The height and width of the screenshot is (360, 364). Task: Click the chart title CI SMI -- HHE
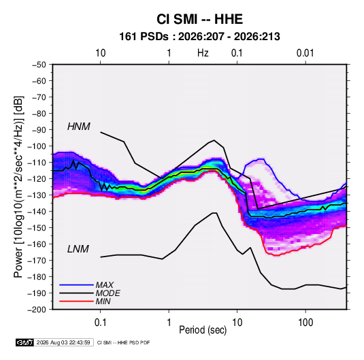[x=199, y=19]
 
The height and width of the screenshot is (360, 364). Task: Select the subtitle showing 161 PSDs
[x=199, y=37]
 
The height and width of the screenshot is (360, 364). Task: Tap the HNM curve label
[x=79, y=127]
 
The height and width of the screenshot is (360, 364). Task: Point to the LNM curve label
[x=78, y=249]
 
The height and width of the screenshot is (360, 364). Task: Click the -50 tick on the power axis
[x=39, y=65]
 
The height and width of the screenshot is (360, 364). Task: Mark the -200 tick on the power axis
[x=37, y=310]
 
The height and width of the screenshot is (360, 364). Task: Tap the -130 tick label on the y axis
[x=37, y=195]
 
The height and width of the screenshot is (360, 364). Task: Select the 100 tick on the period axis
[x=305, y=323]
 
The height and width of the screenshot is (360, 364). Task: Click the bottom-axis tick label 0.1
[x=100, y=323]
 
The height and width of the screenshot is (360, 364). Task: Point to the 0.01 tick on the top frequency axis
[x=305, y=53]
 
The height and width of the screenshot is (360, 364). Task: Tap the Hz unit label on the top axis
[x=203, y=53]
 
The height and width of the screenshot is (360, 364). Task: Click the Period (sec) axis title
[x=203, y=330]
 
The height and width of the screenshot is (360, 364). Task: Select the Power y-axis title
[x=18, y=186]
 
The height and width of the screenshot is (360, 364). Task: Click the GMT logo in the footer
[x=24, y=342]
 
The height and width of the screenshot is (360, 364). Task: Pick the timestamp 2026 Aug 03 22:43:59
[x=63, y=342]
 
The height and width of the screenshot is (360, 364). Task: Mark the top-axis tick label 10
[x=101, y=53]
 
